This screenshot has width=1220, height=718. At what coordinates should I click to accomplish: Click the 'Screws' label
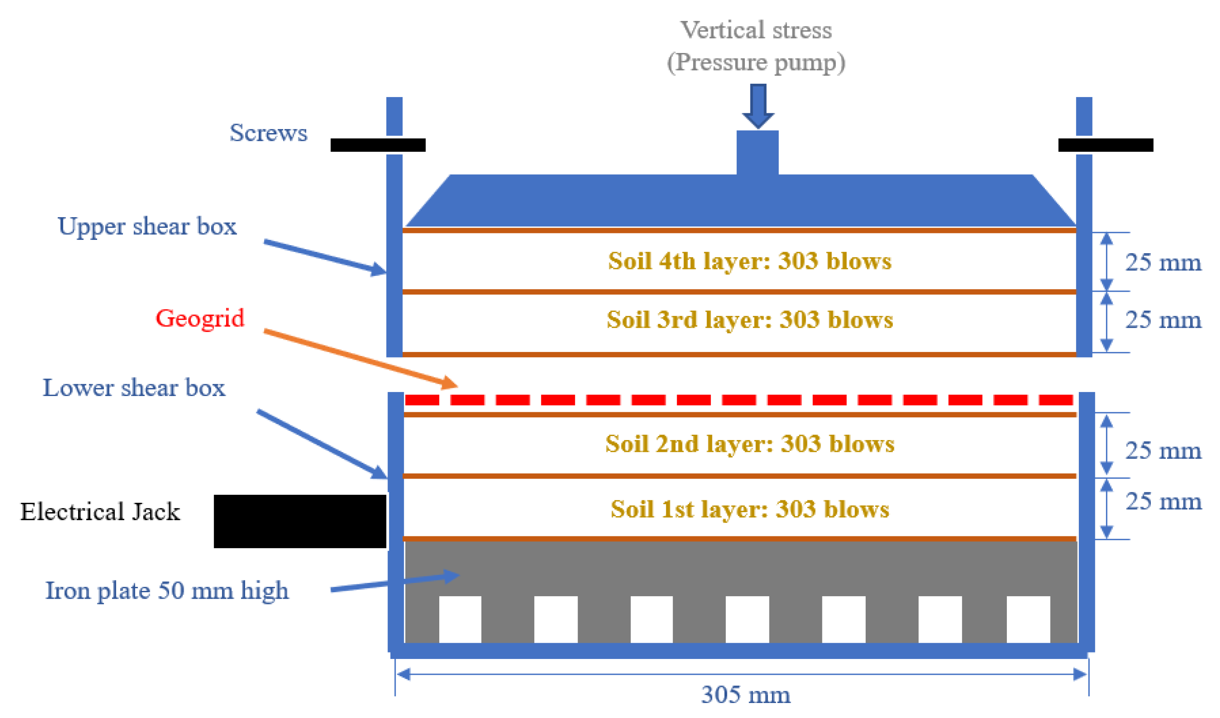(268, 133)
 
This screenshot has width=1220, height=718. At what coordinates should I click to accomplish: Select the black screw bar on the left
(378, 145)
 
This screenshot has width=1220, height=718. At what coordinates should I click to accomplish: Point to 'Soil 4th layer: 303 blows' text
(750, 261)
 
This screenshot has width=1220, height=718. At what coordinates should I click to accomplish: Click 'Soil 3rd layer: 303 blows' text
(750, 320)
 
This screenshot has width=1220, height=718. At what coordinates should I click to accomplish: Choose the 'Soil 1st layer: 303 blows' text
(750, 509)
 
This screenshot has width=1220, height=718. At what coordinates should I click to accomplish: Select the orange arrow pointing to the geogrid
(361, 359)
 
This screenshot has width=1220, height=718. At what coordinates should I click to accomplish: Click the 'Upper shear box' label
(147, 226)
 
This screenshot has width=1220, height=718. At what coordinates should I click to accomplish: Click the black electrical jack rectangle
(300, 521)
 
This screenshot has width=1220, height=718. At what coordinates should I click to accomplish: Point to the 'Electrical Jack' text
(100, 512)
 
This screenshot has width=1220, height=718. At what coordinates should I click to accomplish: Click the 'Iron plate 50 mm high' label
(167, 591)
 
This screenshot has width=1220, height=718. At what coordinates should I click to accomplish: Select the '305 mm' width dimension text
(746, 695)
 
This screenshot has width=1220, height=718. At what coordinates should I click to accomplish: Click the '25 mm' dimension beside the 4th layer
(1163, 263)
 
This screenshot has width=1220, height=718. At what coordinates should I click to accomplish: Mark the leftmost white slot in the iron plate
(460, 619)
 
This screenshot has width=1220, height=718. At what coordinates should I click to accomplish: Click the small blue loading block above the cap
(757, 152)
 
